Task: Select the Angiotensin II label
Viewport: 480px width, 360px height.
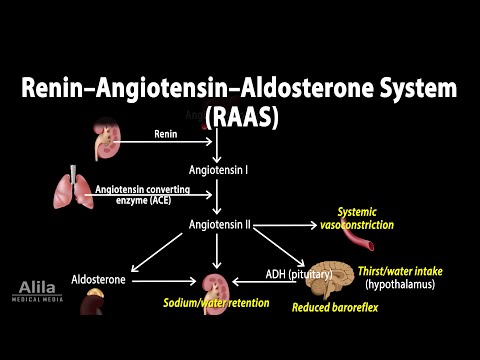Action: click(x=221, y=225)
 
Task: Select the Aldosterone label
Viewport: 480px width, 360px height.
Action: click(x=100, y=280)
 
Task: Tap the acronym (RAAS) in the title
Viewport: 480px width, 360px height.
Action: click(x=241, y=116)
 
